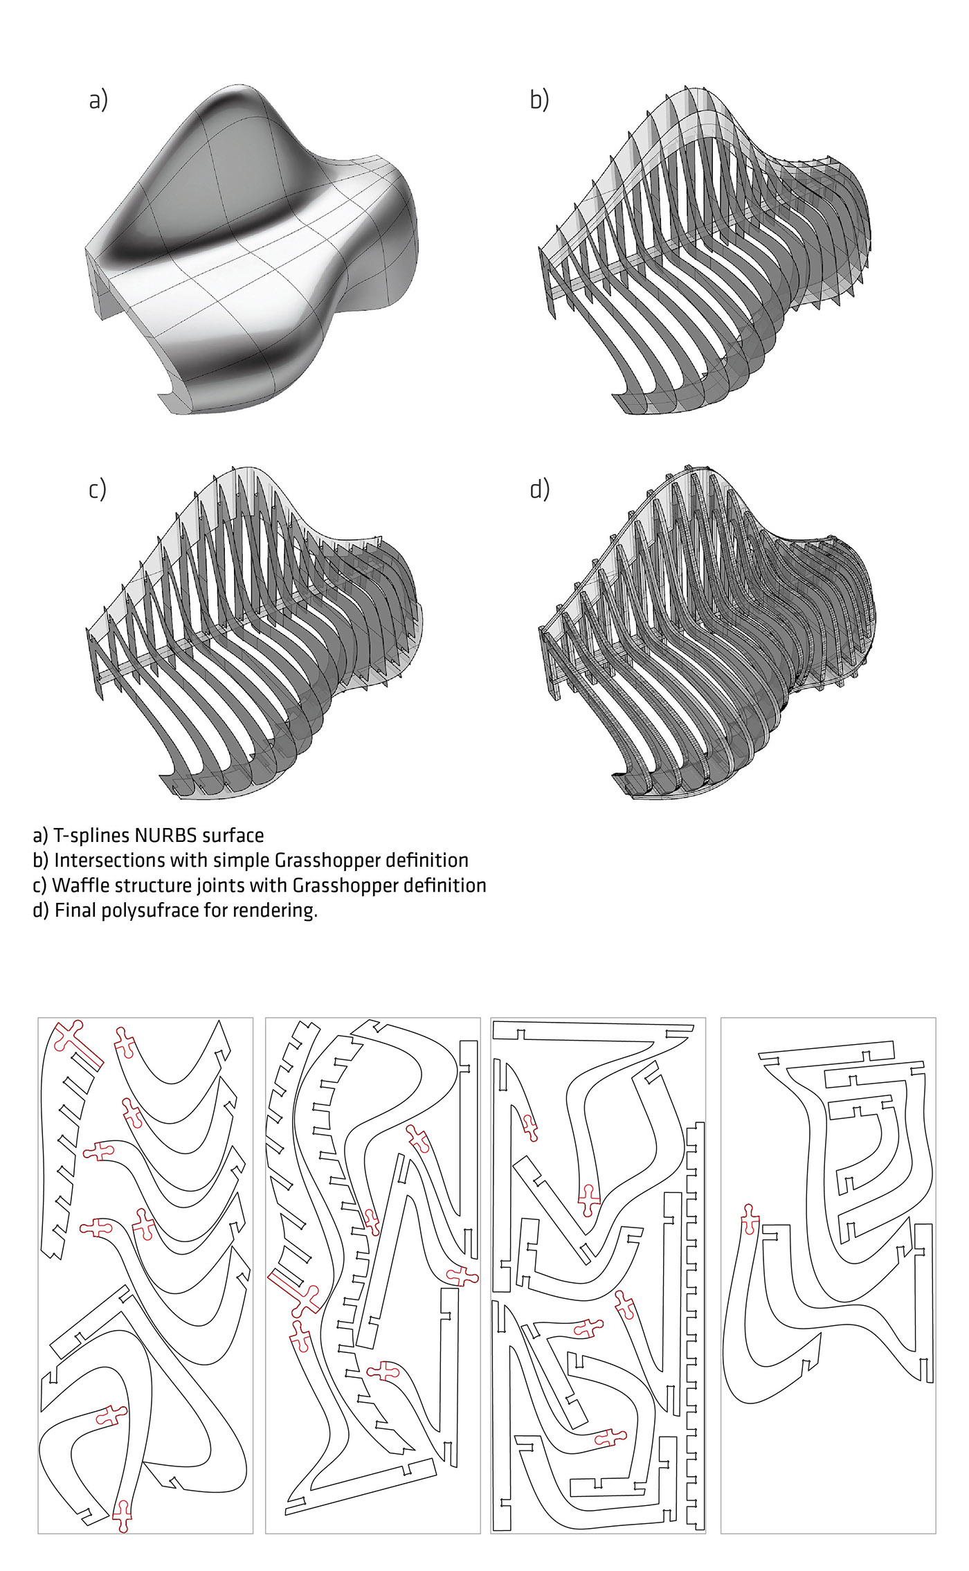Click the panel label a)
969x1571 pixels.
(98, 101)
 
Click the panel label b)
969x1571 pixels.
(539, 100)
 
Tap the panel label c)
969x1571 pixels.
(98, 490)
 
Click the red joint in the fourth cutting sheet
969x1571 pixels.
(750, 1219)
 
